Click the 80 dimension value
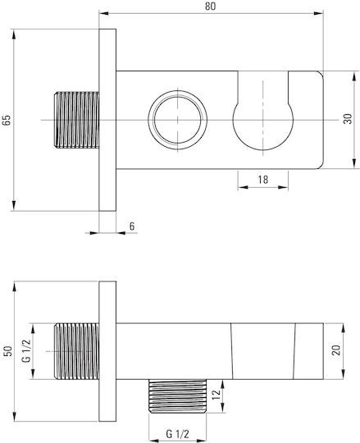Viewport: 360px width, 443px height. click(x=211, y=6)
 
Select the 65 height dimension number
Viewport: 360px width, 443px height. click(x=7, y=120)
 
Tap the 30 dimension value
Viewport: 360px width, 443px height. click(x=349, y=119)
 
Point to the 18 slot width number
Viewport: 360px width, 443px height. click(x=263, y=180)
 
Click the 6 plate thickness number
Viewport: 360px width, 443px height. click(x=132, y=226)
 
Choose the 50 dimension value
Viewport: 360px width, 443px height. click(x=9, y=351)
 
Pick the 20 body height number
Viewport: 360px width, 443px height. click(x=336, y=350)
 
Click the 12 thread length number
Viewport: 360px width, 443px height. click(x=216, y=395)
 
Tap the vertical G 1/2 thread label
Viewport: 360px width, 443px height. click(x=27, y=351)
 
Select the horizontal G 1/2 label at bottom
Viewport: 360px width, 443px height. click(x=178, y=434)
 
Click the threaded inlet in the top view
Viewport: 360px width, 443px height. click(x=76, y=120)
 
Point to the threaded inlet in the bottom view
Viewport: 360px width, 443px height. click(x=76, y=351)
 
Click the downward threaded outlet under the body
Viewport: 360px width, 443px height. click(x=178, y=396)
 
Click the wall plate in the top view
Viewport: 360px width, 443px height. click(x=107, y=120)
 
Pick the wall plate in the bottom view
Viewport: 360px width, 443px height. click(x=107, y=351)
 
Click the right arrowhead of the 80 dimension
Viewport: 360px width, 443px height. click(x=319, y=13)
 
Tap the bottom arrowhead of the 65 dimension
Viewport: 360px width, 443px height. click(x=14, y=206)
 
